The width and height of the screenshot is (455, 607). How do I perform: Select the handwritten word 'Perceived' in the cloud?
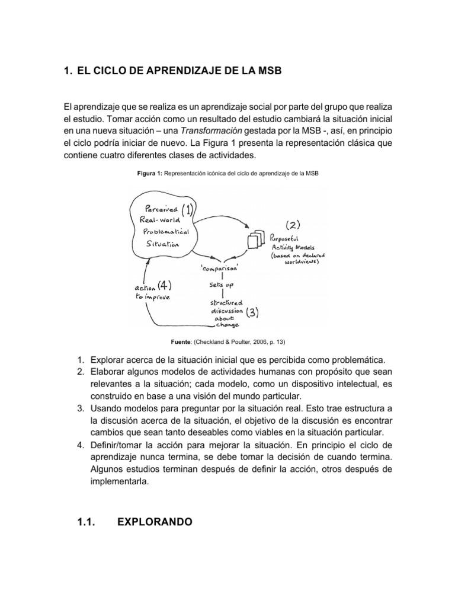point(157,208)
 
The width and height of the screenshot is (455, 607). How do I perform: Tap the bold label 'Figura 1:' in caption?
point(149,173)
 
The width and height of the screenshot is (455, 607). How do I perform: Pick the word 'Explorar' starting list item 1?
point(108,360)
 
